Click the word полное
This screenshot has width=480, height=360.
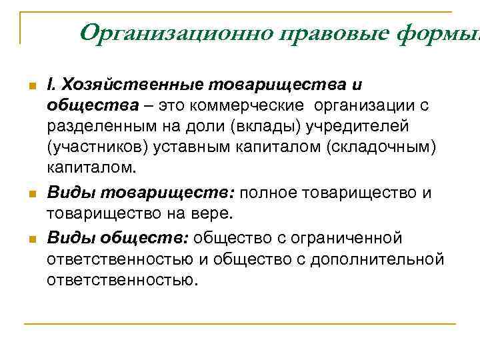[x=268, y=193]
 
